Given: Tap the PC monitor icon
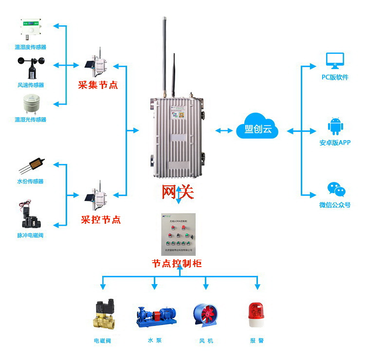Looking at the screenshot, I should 335,61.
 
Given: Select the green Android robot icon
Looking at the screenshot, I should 335,126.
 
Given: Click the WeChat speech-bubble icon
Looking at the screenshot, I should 335,190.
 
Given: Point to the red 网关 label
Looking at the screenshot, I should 178,193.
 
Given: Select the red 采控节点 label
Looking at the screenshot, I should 100,219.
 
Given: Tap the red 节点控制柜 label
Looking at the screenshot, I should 177,263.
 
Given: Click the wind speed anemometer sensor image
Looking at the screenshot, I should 31,67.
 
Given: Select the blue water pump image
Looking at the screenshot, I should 155,316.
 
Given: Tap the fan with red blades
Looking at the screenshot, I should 205,316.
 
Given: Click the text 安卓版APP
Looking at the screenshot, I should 335,143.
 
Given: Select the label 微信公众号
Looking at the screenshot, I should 335,205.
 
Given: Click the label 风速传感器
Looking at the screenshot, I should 31,85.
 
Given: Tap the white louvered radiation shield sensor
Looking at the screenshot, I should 31,104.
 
